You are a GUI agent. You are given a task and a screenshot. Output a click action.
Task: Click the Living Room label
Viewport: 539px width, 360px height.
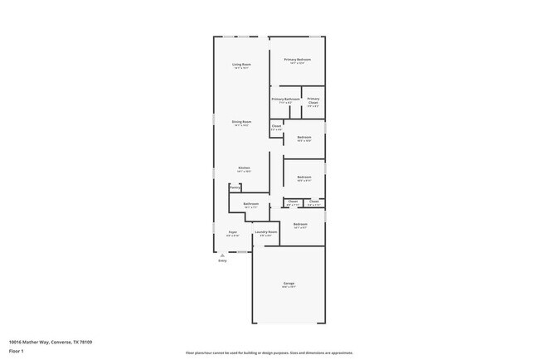[x=241, y=64]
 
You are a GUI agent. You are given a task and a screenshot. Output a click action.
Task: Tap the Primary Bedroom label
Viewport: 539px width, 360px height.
[x=298, y=59]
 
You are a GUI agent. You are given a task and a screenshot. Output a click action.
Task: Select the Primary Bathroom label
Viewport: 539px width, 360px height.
[x=285, y=99]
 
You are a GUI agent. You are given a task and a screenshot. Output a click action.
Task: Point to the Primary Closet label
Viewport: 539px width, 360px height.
[x=313, y=100]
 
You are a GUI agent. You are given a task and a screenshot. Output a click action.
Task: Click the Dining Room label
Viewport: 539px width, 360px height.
[x=241, y=122]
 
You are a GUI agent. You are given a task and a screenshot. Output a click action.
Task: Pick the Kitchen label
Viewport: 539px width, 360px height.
[x=244, y=168]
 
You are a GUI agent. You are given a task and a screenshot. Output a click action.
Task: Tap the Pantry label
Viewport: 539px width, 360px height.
[x=235, y=187]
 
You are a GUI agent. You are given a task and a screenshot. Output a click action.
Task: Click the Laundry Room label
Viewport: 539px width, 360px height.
[x=266, y=231]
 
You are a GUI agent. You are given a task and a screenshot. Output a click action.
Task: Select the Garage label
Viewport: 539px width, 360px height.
[x=289, y=283]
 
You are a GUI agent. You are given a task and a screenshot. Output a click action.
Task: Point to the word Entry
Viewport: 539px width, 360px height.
[x=222, y=261]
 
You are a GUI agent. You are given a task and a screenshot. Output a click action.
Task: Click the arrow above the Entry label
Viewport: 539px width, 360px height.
[x=222, y=255]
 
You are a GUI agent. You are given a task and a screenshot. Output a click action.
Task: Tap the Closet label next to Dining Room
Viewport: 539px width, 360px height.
[x=276, y=126]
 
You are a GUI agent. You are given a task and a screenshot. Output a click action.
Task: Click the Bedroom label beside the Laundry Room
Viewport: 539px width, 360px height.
[x=300, y=224]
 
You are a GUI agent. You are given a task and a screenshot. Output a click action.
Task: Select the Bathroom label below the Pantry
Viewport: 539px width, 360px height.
[x=250, y=203]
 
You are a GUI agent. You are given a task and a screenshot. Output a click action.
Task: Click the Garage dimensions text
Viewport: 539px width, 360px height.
[x=289, y=288]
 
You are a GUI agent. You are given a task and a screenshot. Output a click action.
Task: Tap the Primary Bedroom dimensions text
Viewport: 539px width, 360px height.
[x=298, y=64]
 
